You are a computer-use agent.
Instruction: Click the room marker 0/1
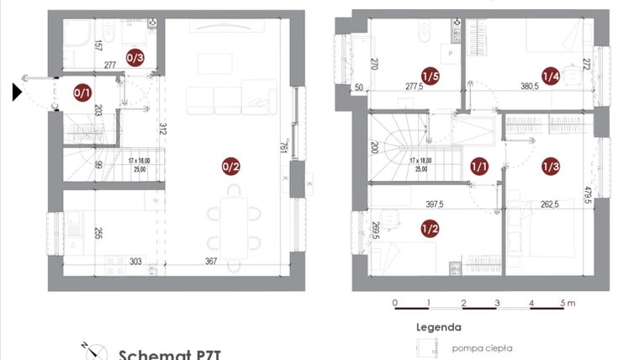click(83, 92)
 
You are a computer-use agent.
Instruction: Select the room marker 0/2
click(230, 167)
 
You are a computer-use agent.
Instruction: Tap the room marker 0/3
click(135, 57)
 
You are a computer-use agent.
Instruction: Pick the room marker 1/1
click(479, 167)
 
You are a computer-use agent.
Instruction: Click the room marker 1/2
click(430, 227)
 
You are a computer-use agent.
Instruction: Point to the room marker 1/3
click(551, 167)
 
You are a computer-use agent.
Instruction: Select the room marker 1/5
click(430, 77)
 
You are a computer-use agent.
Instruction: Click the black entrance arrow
click(18, 92)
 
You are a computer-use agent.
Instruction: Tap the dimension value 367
click(210, 262)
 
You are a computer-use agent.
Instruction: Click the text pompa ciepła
click(482, 347)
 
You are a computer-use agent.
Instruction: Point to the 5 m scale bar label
click(568, 303)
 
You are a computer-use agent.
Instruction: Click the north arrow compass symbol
click(95, 351)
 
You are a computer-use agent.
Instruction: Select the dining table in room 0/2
click(237, 220)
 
